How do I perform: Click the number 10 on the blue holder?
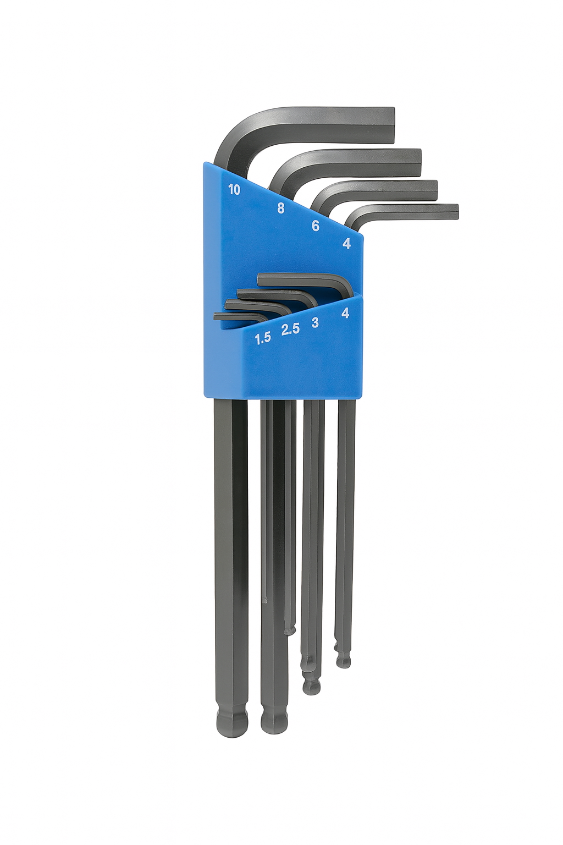[234, 190]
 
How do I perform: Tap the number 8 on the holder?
[280, 208]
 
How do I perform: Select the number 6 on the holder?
[316, 226]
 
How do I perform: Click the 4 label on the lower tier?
[344, 312]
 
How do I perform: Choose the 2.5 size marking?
[290, 329]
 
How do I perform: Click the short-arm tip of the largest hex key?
[393, 125]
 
